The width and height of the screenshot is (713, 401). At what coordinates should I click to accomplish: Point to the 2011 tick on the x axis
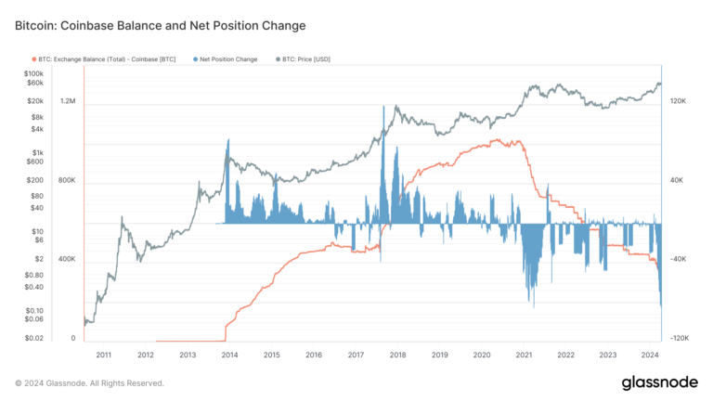103,355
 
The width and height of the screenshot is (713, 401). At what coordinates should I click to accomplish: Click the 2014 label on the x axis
229,355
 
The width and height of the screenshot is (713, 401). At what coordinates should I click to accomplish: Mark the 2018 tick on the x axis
397,355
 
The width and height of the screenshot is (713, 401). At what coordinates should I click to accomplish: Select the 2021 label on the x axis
524,355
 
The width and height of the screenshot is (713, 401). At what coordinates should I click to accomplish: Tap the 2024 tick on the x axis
649,355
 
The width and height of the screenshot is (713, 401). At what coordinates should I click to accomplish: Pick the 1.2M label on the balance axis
68,100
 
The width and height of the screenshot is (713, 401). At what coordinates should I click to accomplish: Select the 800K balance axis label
68,180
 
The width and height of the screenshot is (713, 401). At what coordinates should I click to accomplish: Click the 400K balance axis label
68,260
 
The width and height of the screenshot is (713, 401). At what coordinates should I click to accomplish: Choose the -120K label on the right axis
678,339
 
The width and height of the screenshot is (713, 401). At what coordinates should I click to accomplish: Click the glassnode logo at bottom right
654,382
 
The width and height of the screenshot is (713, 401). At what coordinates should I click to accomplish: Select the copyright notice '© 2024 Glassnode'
89,382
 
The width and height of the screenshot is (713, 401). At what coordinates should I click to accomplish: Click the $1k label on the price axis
36,152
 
